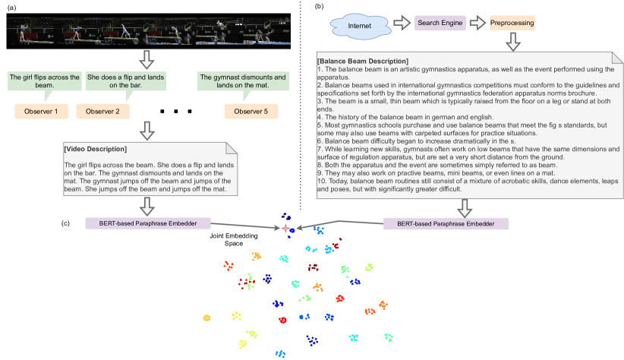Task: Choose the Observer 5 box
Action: pos(251,112)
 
